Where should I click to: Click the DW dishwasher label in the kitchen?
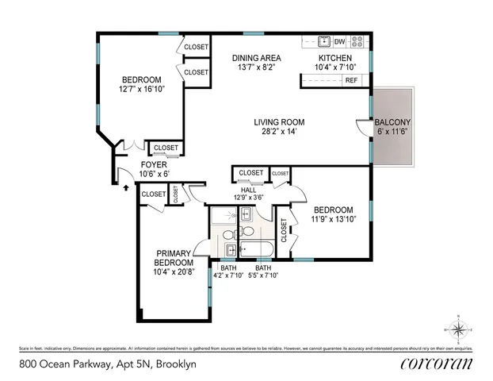pos(339,41)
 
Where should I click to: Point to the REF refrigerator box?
pos(351,80)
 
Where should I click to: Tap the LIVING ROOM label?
pos(279,122)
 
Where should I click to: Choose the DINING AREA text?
pos(256,58)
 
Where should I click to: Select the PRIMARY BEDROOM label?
pos(174,258)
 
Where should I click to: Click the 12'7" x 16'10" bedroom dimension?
pos(141,89)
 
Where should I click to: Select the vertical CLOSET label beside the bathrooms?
pos(284,230)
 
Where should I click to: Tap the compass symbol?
pos(458,328)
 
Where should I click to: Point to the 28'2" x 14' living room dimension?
pos(279,133)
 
